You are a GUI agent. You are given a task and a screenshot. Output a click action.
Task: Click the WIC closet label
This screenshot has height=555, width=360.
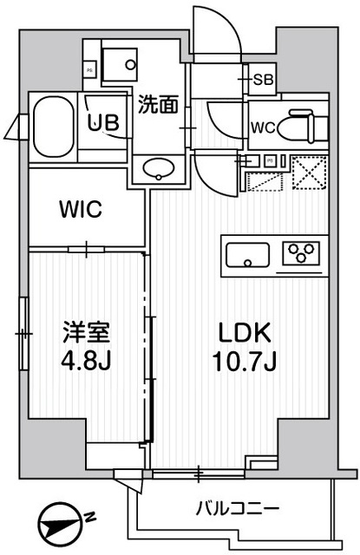point(81,209)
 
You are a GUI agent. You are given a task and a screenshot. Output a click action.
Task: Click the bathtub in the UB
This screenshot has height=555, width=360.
point(54,125)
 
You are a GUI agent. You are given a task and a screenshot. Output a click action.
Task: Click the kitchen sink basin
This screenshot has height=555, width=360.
point(249,254)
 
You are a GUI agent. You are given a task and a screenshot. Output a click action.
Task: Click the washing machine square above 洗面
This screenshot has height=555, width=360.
point(119,63)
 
